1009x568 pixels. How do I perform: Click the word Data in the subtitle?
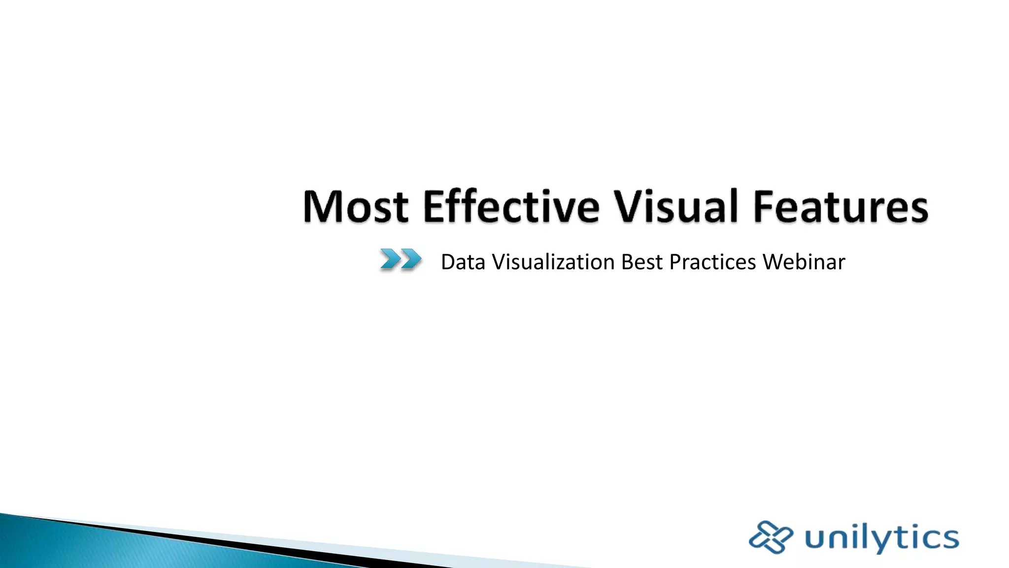click(463, 262)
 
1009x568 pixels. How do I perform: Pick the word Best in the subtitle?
click(641, 262)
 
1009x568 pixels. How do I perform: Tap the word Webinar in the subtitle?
click(804, 262)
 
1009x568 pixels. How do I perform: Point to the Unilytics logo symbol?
click(771, 537)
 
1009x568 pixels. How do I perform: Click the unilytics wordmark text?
click(882, 538)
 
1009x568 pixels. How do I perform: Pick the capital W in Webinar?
click(774, 262)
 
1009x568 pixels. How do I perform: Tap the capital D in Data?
click(448, 262)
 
